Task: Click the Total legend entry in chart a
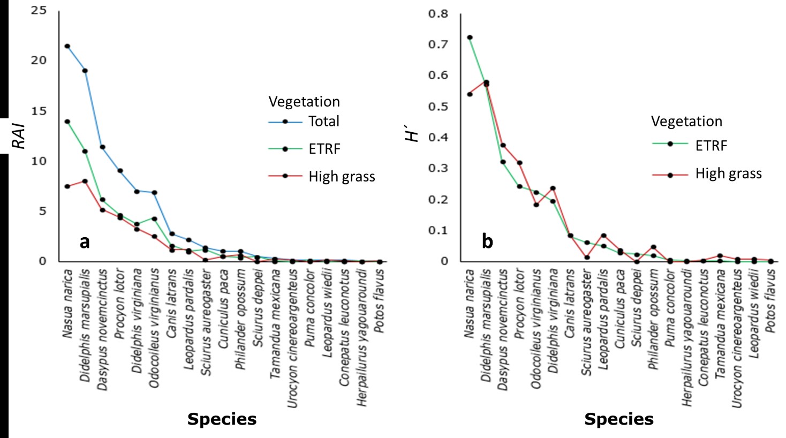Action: point(323,122)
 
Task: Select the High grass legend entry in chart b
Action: point(728,173)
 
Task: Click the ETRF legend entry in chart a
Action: point(324,149)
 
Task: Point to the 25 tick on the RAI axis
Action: point(39,10)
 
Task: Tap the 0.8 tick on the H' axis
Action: point(438,13)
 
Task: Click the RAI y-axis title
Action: point(19,135)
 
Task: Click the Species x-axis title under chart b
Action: point(618,419)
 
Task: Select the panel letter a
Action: point(85,241)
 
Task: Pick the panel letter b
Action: point(487,241)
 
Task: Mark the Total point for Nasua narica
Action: point(67,46)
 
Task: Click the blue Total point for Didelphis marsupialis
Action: point(85,71)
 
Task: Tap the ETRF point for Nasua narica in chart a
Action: point(67,122)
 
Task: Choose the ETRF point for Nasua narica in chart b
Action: point(470,37)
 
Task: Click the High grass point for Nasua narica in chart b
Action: point(470,94)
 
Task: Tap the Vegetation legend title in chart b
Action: point(686,122)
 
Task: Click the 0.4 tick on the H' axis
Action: point(438,137)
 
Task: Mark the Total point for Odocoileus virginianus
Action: point(154,192)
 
